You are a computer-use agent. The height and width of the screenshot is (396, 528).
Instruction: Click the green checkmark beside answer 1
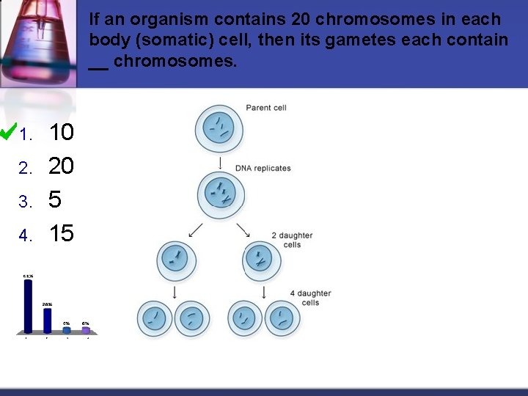click(x=9, y=132)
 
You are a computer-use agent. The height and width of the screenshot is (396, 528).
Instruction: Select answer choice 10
click(x=61, y=133)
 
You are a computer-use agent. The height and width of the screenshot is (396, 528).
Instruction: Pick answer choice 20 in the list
click(x=61, y=166)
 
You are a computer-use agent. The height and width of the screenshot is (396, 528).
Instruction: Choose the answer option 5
click(x=55, y=199)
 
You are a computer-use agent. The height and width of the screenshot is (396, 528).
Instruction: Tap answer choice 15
click(x=61, y=233)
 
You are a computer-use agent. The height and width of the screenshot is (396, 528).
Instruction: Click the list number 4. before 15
click(x=26, y=235)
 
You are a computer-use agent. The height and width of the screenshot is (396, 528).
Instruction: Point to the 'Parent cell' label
click(x=265, y=108)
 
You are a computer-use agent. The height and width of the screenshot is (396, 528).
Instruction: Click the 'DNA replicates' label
click(x=263, y=168)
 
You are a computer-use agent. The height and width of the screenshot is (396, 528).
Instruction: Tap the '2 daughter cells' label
click(x=292, y=240)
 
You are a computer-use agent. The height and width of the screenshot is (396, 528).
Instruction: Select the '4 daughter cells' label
click(x=310, y=298)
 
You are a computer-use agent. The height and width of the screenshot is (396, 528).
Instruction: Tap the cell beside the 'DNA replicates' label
click(x=218, y=193)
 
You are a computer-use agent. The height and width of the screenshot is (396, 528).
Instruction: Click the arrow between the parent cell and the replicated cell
click(x=218, y=161)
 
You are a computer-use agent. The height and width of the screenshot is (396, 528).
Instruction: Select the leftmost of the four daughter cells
click(x=155, y=318)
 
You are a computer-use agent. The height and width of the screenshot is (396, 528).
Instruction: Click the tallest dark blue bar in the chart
click(x=28, y=306)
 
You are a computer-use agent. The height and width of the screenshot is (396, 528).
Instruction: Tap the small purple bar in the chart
click(x=86, y=330)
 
